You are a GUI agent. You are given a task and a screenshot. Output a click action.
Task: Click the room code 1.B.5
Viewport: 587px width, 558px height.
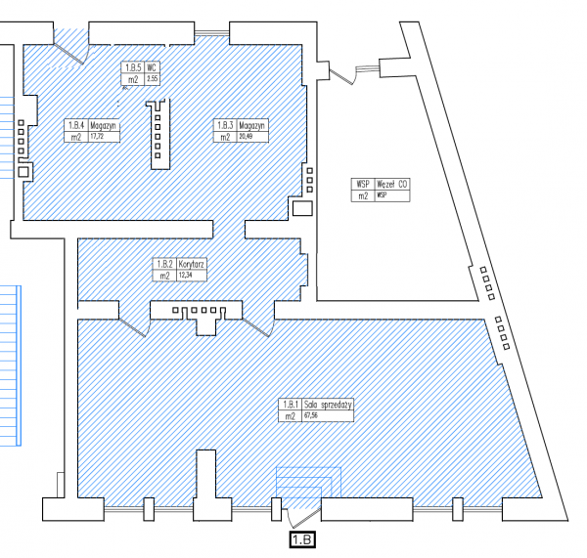coord(132,67)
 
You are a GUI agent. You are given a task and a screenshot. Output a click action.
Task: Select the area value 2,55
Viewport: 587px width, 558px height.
coord(153,78)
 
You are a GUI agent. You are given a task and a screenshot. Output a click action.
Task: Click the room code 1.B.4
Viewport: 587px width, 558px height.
coord(75,126)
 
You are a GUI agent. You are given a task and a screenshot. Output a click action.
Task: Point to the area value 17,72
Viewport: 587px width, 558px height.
coord(97,138)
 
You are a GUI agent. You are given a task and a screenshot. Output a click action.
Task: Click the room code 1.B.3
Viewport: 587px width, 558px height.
coord(225,126)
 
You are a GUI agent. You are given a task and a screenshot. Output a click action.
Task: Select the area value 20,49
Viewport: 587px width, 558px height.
coord(248,138)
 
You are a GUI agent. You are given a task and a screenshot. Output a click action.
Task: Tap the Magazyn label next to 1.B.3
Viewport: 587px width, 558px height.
coord(253,126)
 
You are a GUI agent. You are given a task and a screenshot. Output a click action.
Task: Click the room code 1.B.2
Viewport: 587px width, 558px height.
coord(163,265)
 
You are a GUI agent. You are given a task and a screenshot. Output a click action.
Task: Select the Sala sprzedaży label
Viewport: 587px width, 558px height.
coord(327,405)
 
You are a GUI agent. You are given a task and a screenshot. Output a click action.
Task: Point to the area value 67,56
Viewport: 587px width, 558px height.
coord(312,416)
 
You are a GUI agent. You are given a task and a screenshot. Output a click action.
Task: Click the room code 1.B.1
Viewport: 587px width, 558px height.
coord(291,405)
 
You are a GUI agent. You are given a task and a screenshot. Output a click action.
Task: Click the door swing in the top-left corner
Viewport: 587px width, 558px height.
coord(70,43)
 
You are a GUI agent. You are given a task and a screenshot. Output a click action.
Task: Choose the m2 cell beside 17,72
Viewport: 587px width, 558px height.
coord(75,138)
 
